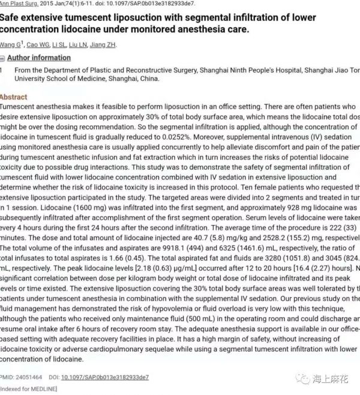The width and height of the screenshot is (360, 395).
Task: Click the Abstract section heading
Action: point(13,97)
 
